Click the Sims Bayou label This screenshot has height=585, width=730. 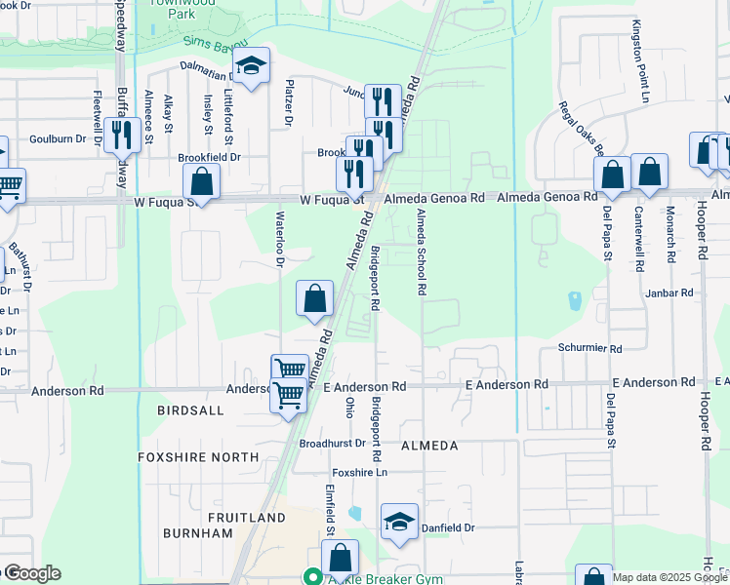[214, 43]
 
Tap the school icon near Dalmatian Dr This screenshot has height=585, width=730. [252, 66]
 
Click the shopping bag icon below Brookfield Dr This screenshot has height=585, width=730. [201, 180]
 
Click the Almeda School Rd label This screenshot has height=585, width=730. [422, 252]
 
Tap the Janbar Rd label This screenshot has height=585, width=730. [669, 292]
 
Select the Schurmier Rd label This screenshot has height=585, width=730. [589, 348]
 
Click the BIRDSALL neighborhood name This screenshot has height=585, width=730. [190, 411]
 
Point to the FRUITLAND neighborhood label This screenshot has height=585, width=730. [246, 517]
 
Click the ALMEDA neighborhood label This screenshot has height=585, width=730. [428, 446]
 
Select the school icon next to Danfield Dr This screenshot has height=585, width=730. [399, 522]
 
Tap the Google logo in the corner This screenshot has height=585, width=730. [31, 573]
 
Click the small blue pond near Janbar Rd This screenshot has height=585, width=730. [574, 300]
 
